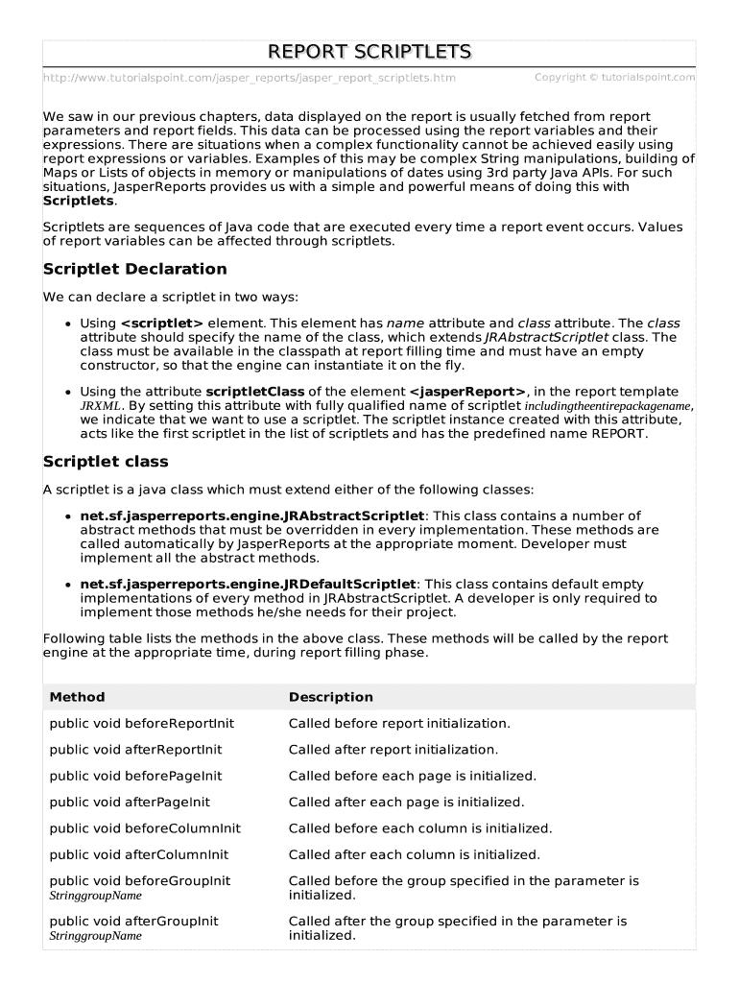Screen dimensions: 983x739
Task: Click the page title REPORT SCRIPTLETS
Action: coord(369,51)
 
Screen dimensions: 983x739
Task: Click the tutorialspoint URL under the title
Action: coord(250,78)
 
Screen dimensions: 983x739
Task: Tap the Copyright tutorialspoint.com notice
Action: coord(614,77)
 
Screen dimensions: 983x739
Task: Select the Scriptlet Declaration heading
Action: coord(135,269)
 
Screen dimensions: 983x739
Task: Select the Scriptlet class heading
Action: coord(106,462)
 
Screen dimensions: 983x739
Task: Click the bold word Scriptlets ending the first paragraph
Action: coord(79,201)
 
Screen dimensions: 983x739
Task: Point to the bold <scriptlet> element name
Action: coord(162,324)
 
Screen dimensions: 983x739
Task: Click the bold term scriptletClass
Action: coord(255,392)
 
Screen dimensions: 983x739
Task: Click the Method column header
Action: coord(77,697)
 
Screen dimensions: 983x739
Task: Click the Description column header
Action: coord(331,697)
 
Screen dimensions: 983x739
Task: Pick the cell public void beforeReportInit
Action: coord(142,723)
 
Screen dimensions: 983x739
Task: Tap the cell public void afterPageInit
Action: coord(130,802)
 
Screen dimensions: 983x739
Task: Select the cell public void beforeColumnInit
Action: coord(145,827)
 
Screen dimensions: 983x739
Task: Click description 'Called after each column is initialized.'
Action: coord(414,854)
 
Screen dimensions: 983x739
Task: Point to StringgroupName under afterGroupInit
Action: coord(95,936)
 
